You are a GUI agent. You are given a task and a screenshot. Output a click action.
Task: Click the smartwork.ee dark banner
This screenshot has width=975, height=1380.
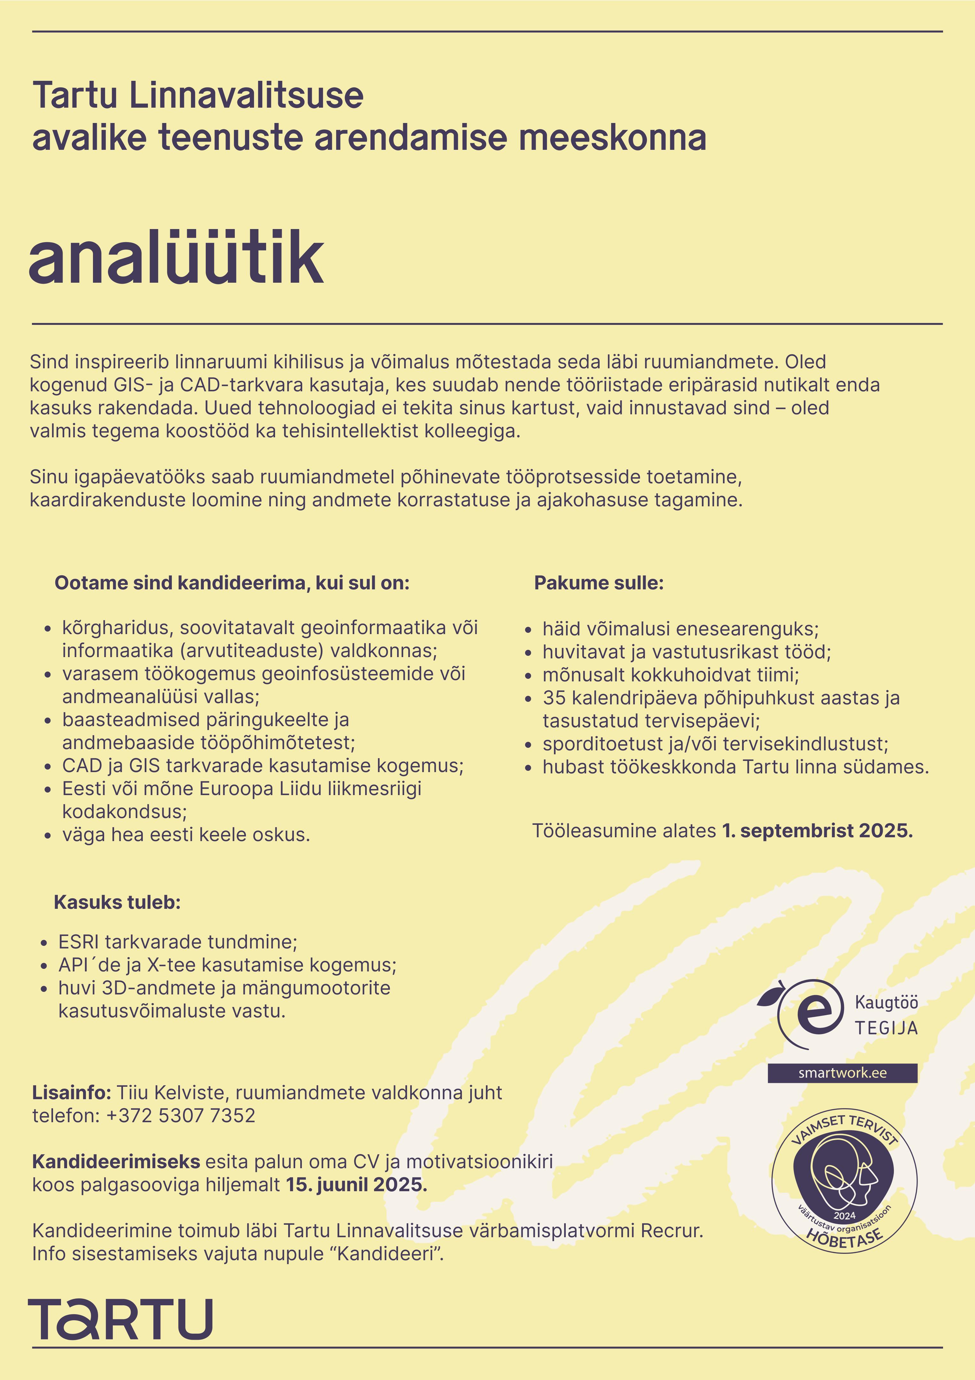pos(842,1073)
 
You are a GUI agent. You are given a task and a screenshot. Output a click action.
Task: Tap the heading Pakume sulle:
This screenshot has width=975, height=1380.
pos(599,583)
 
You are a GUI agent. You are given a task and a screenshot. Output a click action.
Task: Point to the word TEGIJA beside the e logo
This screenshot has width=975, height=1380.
pos(886,1028)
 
